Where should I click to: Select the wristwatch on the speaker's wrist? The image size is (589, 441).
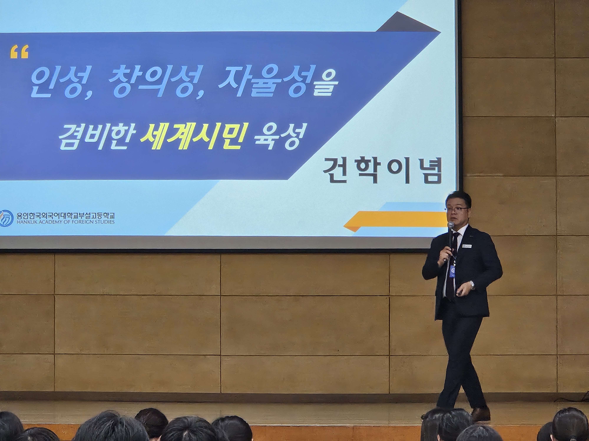472,285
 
